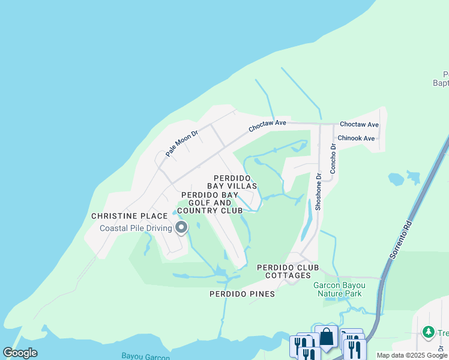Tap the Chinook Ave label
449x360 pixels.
[356, 138]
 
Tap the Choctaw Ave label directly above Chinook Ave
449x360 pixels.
[359, 124]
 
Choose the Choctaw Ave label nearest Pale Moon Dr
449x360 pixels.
[268, 125]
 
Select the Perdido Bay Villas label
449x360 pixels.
[232, 182]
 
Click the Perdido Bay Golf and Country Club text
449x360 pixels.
[212, 202]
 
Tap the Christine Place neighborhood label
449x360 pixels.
[129, 216]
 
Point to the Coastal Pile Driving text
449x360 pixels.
[137, 228]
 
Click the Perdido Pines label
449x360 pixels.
[242, 294]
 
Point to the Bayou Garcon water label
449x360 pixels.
[145, 356]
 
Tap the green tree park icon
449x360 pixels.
[428, 331]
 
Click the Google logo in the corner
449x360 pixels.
[20, 353]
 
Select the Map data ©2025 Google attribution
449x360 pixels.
[412, 355]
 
